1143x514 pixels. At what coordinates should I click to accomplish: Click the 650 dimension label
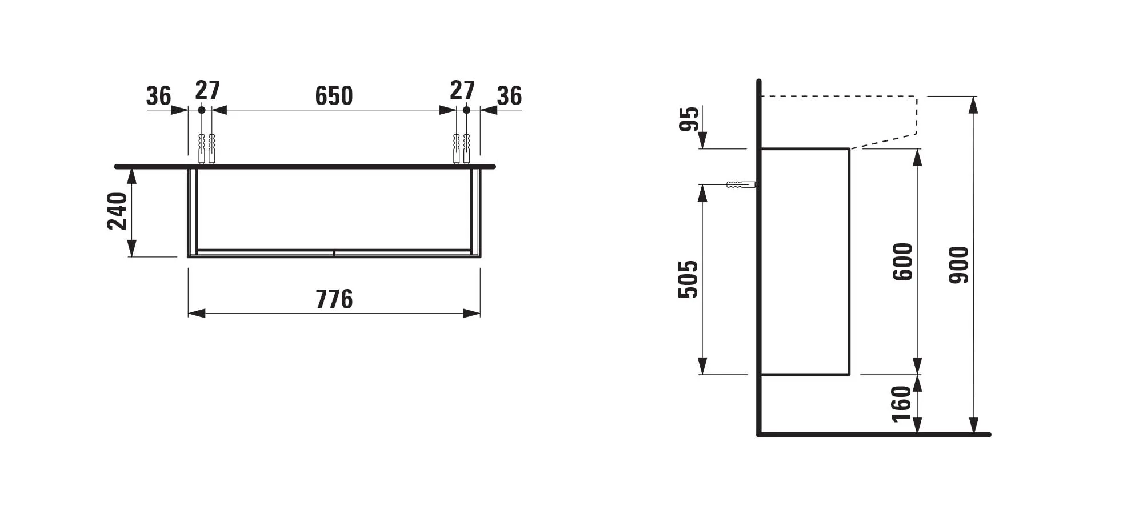334,96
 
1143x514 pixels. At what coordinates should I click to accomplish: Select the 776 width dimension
334,299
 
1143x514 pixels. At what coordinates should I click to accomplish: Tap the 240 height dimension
118,211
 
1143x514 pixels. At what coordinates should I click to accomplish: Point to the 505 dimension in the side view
688,279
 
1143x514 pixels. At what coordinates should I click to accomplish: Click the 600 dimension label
903,262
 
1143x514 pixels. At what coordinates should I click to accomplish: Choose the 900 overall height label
959,265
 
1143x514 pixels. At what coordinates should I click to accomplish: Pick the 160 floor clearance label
901,404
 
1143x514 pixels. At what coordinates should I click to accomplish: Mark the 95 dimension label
689,119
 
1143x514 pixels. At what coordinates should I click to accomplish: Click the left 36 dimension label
158,96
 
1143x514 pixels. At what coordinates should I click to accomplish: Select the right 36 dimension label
509,96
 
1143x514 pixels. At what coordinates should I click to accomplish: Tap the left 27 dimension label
207,90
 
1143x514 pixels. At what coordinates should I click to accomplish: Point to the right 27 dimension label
462,90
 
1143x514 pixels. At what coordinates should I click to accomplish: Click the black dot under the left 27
201,110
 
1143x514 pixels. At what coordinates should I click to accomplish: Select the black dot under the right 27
466,110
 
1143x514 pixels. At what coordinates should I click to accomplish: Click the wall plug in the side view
741,184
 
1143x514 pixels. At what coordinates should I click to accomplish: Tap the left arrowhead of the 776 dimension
197,313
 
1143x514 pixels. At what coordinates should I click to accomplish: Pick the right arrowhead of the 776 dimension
471,313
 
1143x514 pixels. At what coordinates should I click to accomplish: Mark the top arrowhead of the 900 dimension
973,105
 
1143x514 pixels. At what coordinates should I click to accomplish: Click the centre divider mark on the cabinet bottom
334,252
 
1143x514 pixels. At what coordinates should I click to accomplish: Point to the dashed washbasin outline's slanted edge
884,141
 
